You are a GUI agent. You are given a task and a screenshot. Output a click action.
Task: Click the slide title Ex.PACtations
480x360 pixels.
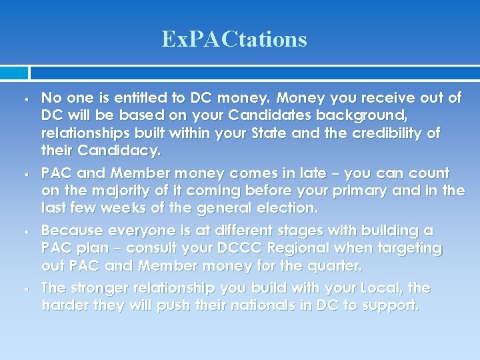point(234,39)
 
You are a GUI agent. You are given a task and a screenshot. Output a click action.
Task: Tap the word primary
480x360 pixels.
point(377,191)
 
